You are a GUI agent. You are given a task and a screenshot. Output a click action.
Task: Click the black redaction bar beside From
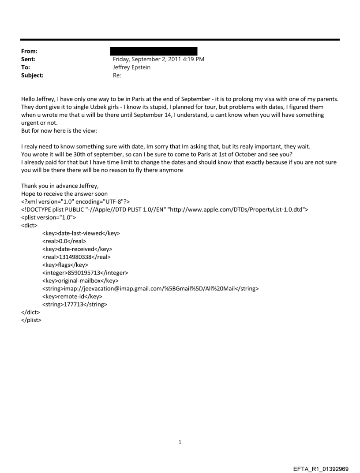(155, 51)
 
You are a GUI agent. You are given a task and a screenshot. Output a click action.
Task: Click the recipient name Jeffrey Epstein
(134, 67)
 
